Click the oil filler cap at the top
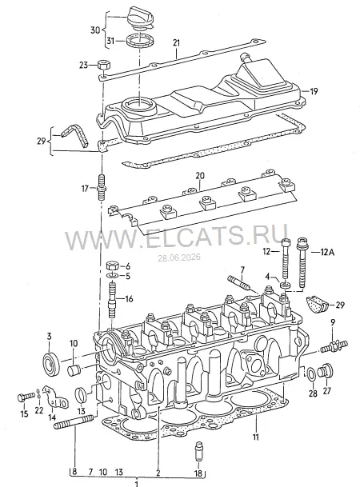coord(139,19)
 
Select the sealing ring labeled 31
coord(140,41)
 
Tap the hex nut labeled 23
coord(103,66)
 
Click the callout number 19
coord(314,91)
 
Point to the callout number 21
coord(177,42)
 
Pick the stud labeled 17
coord(101,187)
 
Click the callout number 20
coord(200,176)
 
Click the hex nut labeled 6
coord(112,266)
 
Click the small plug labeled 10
coord(74,370)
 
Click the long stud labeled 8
coord(74,422)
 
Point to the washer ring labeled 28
coord(311,375)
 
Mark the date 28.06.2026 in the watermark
coord(178,257)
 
